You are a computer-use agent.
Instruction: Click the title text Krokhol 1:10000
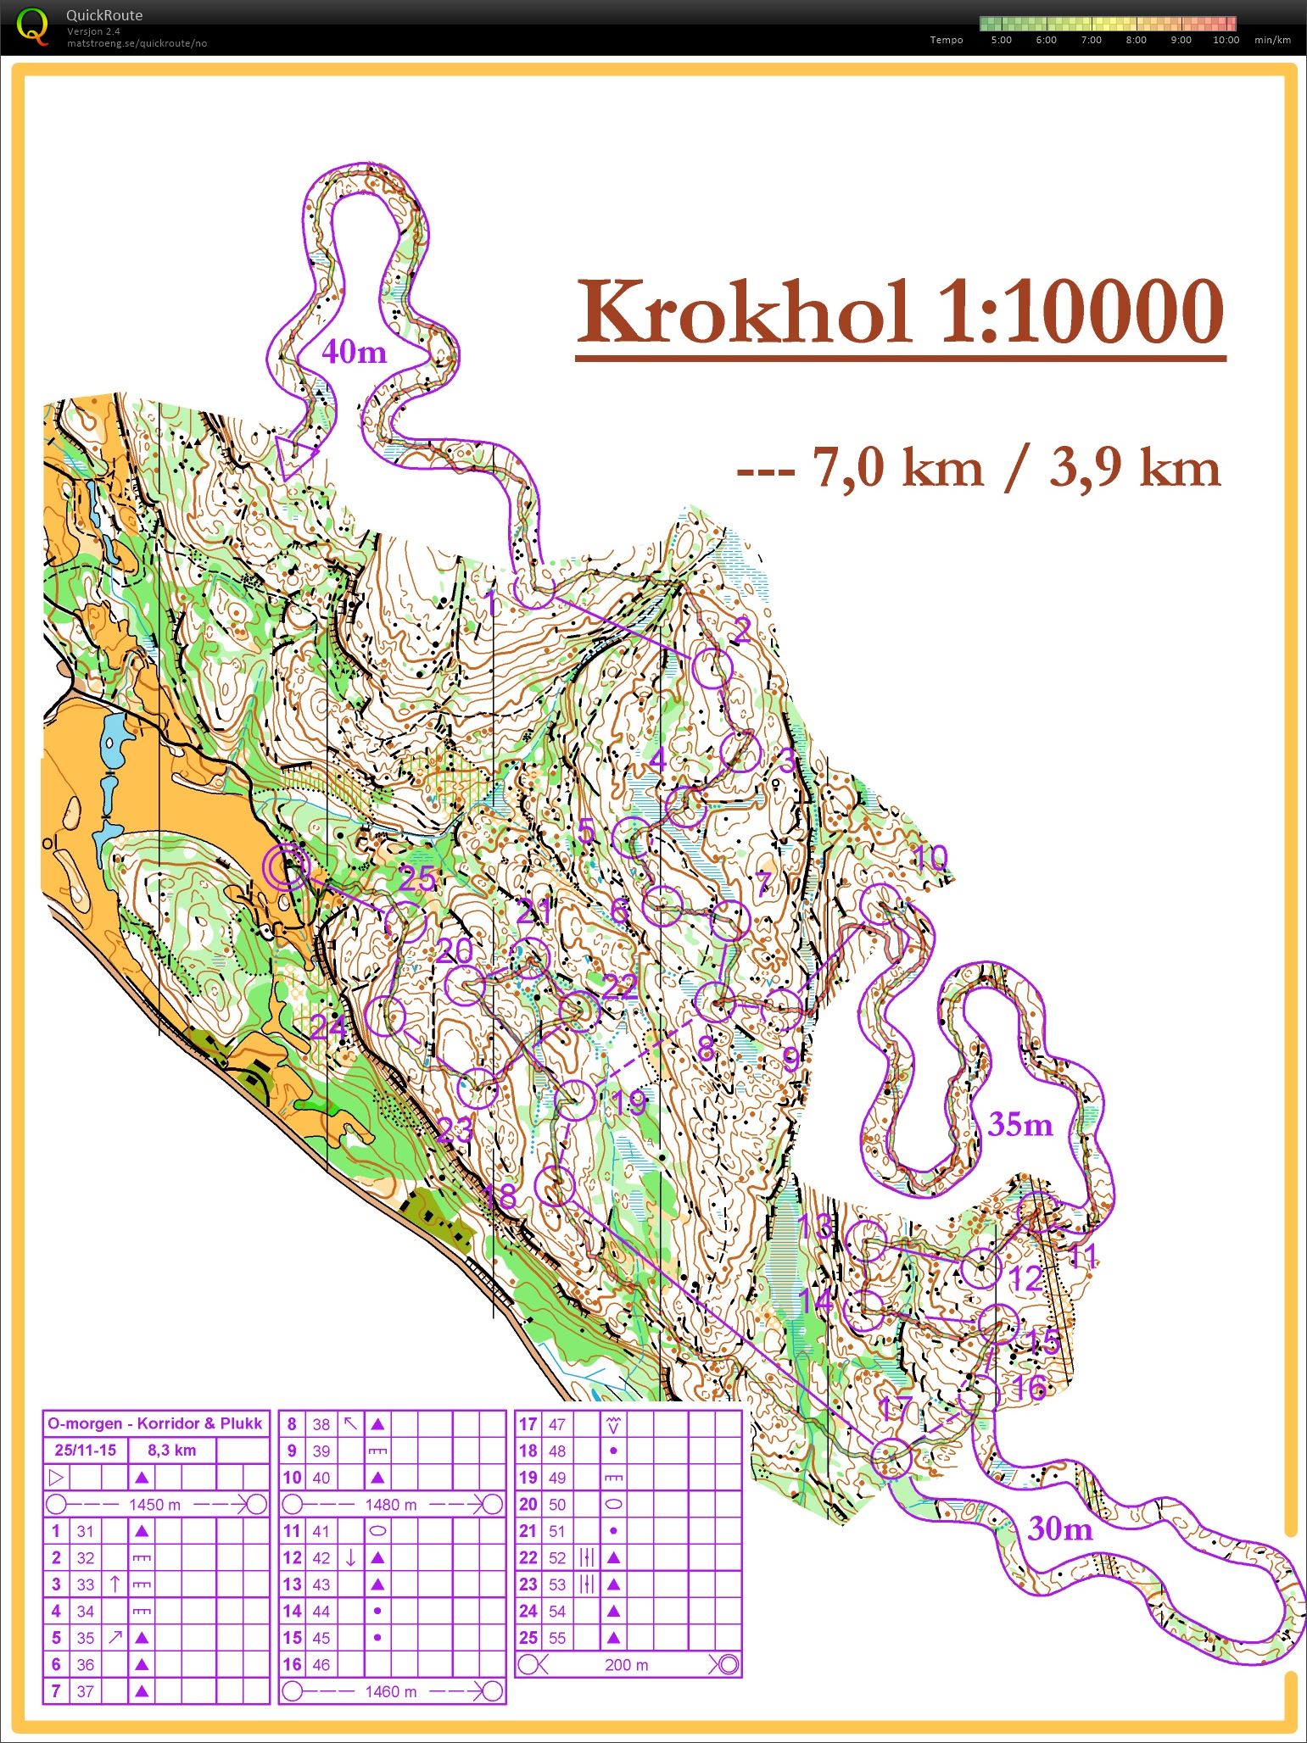pos(900,314)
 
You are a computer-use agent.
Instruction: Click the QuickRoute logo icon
pos(31,25)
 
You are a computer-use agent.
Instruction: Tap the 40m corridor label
pos(354,351)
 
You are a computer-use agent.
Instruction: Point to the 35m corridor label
pos(1020,1125)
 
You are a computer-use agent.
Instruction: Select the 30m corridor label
pos(1059,1529)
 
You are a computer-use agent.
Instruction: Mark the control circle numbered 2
pos(712,669)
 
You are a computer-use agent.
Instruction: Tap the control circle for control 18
pos(556,1186)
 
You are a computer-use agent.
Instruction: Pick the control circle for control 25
pos(405,922)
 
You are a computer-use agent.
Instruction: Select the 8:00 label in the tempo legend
pos(1136,40)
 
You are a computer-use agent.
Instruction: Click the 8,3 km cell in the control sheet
pos(172,1451)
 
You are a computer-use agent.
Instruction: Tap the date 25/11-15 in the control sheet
pos(85,1451)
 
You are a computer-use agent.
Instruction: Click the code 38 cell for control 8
pos(321,1425)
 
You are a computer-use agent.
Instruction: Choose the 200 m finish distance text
pos(626,1665)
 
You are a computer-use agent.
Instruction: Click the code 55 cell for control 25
pos(556,1638)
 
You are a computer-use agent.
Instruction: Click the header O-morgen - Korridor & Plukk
pos(155,1423)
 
